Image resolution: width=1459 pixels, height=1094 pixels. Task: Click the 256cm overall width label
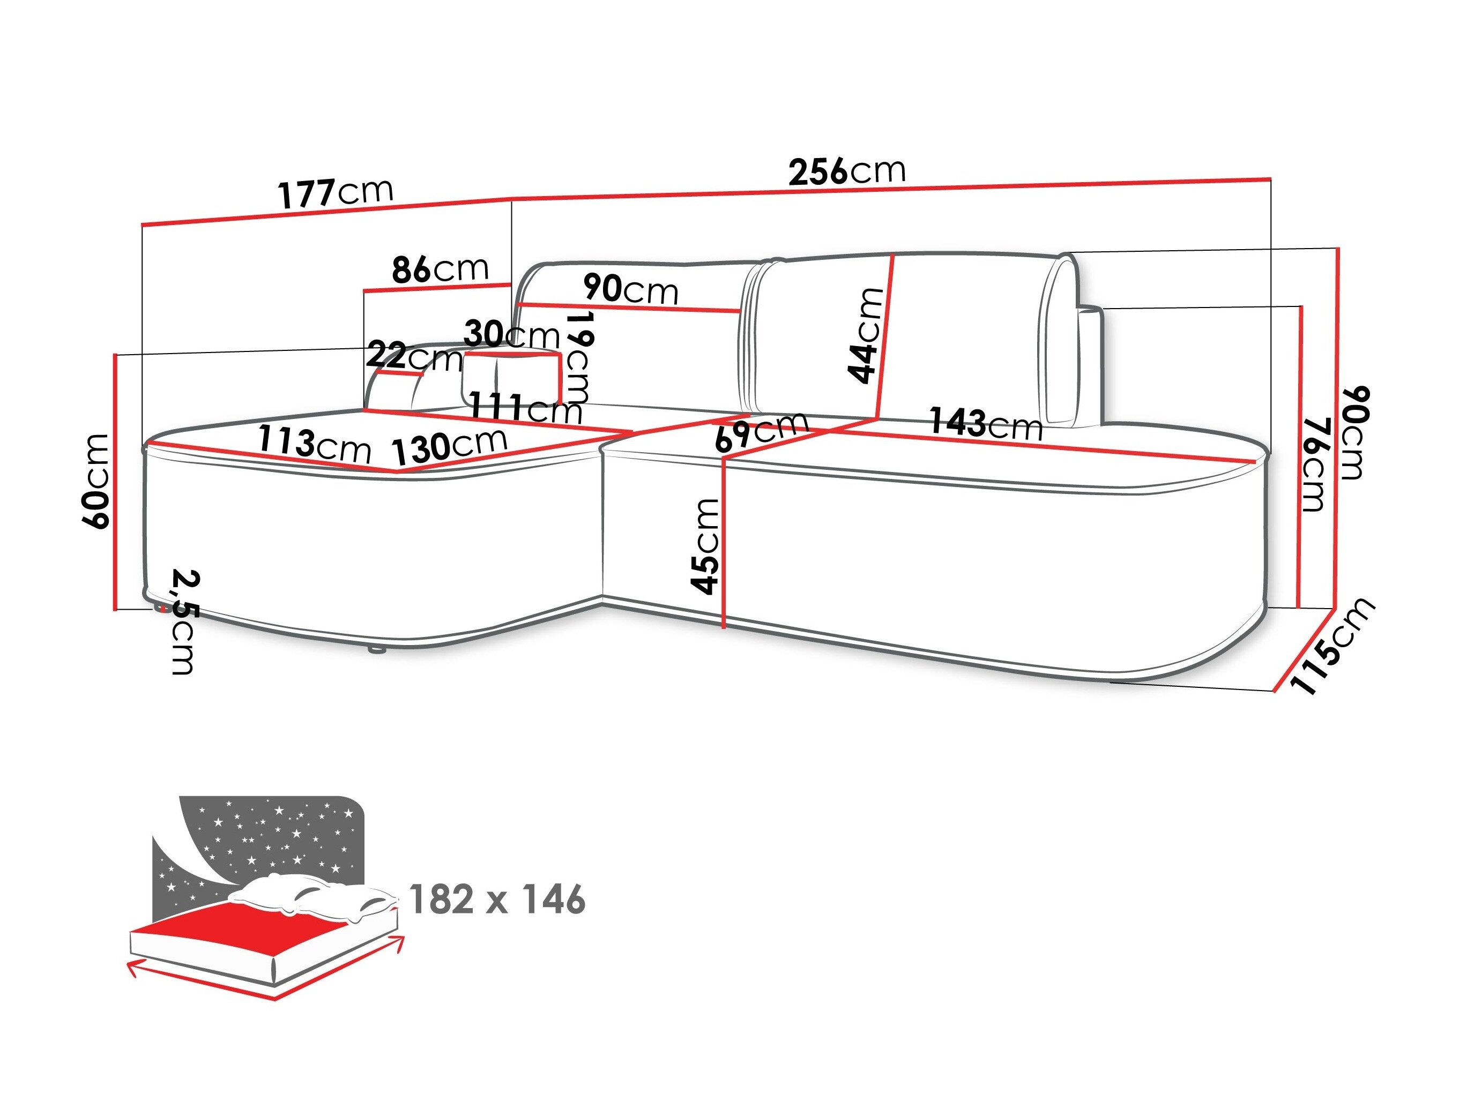(847, 171)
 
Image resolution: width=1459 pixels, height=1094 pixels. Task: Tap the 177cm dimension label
(335, 192)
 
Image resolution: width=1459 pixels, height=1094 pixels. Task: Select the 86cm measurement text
(440, 269)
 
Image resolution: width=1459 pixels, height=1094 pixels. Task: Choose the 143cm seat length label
(985, 423)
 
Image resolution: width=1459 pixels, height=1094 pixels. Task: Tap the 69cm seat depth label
(761, 431)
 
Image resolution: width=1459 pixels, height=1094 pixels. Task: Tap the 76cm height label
(1313, 464)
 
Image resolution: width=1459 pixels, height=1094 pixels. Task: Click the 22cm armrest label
(414, 357)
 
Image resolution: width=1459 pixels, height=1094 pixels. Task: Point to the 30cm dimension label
(512, 334)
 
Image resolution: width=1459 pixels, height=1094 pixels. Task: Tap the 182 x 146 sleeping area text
(497, 900)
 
